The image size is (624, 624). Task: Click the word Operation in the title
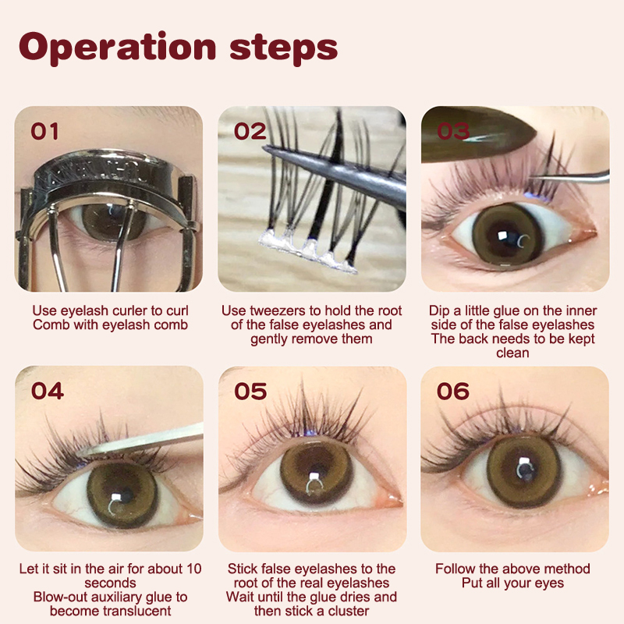click(x=118, y=48)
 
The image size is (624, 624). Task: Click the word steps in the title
click(x=284, y=49)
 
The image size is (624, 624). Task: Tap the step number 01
click(x=44, y=131)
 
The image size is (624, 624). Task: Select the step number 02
click(x=250, y=131)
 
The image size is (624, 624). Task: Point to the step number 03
click(x=453, y=131)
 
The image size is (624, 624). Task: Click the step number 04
click(x=48, y=391)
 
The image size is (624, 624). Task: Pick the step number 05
click(x=250, y=391)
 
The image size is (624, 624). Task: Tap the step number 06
click(x=453, y=391)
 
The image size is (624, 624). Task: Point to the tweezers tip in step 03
click(x=532, y=179)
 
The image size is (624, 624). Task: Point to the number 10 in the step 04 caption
click(x=193, y=569)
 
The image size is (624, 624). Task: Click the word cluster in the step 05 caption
click(x=348, y=611)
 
